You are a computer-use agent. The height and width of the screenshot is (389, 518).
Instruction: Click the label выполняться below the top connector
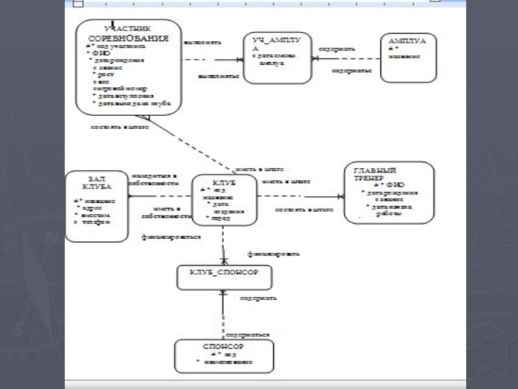[218, 76]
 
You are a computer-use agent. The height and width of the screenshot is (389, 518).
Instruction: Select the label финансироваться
[171, 237]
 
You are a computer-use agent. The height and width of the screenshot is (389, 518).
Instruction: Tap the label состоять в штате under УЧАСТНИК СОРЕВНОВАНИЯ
[120, 127]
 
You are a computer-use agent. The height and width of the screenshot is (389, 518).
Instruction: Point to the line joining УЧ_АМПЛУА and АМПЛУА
[346, 58]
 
